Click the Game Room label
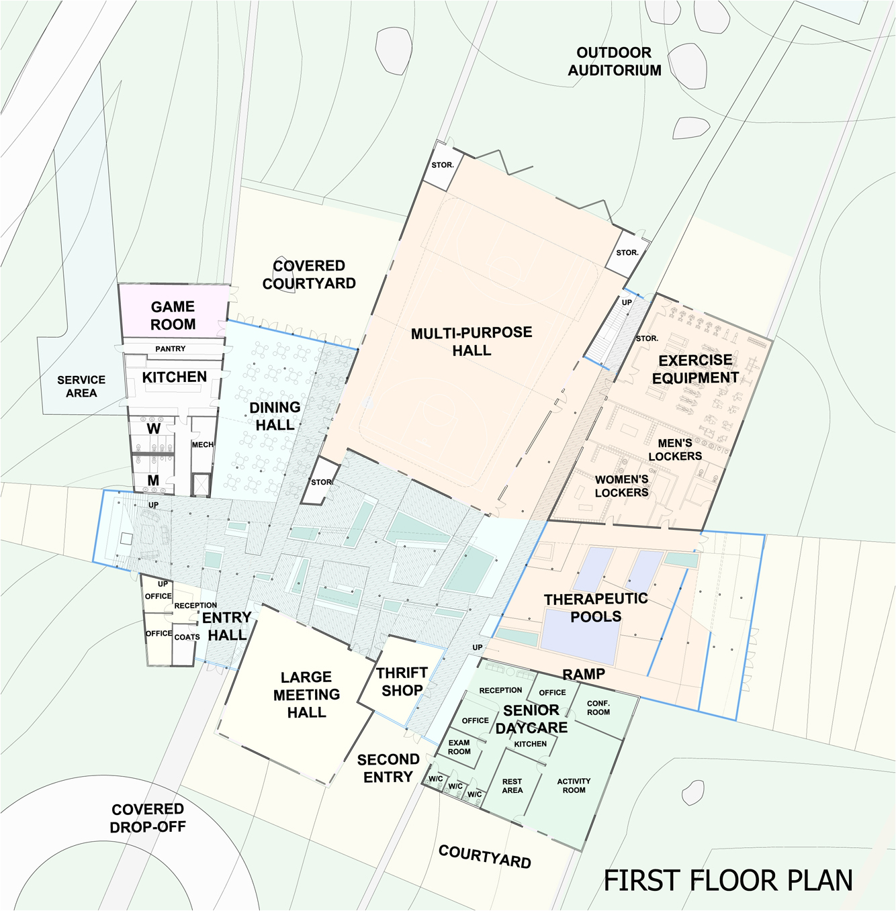coord(173,316)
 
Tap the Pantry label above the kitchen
coord(171,349)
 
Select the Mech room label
coord(202,444)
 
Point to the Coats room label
coord(187,637)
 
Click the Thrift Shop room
coord(402,681)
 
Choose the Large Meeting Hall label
coord(306,694)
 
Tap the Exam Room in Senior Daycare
coord(459,747)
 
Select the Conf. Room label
coord(598,708)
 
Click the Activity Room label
coord(574,785)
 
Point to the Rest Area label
coord(512,785)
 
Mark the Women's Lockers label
coord(621,486)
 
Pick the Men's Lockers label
coord(675,450)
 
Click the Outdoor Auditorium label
coord(614,62)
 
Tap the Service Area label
coord(81,386)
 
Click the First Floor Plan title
coord(728,881)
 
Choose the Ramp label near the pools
coord(584,674)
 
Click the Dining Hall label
coord(275,416)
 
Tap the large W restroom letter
coord(153,429)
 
